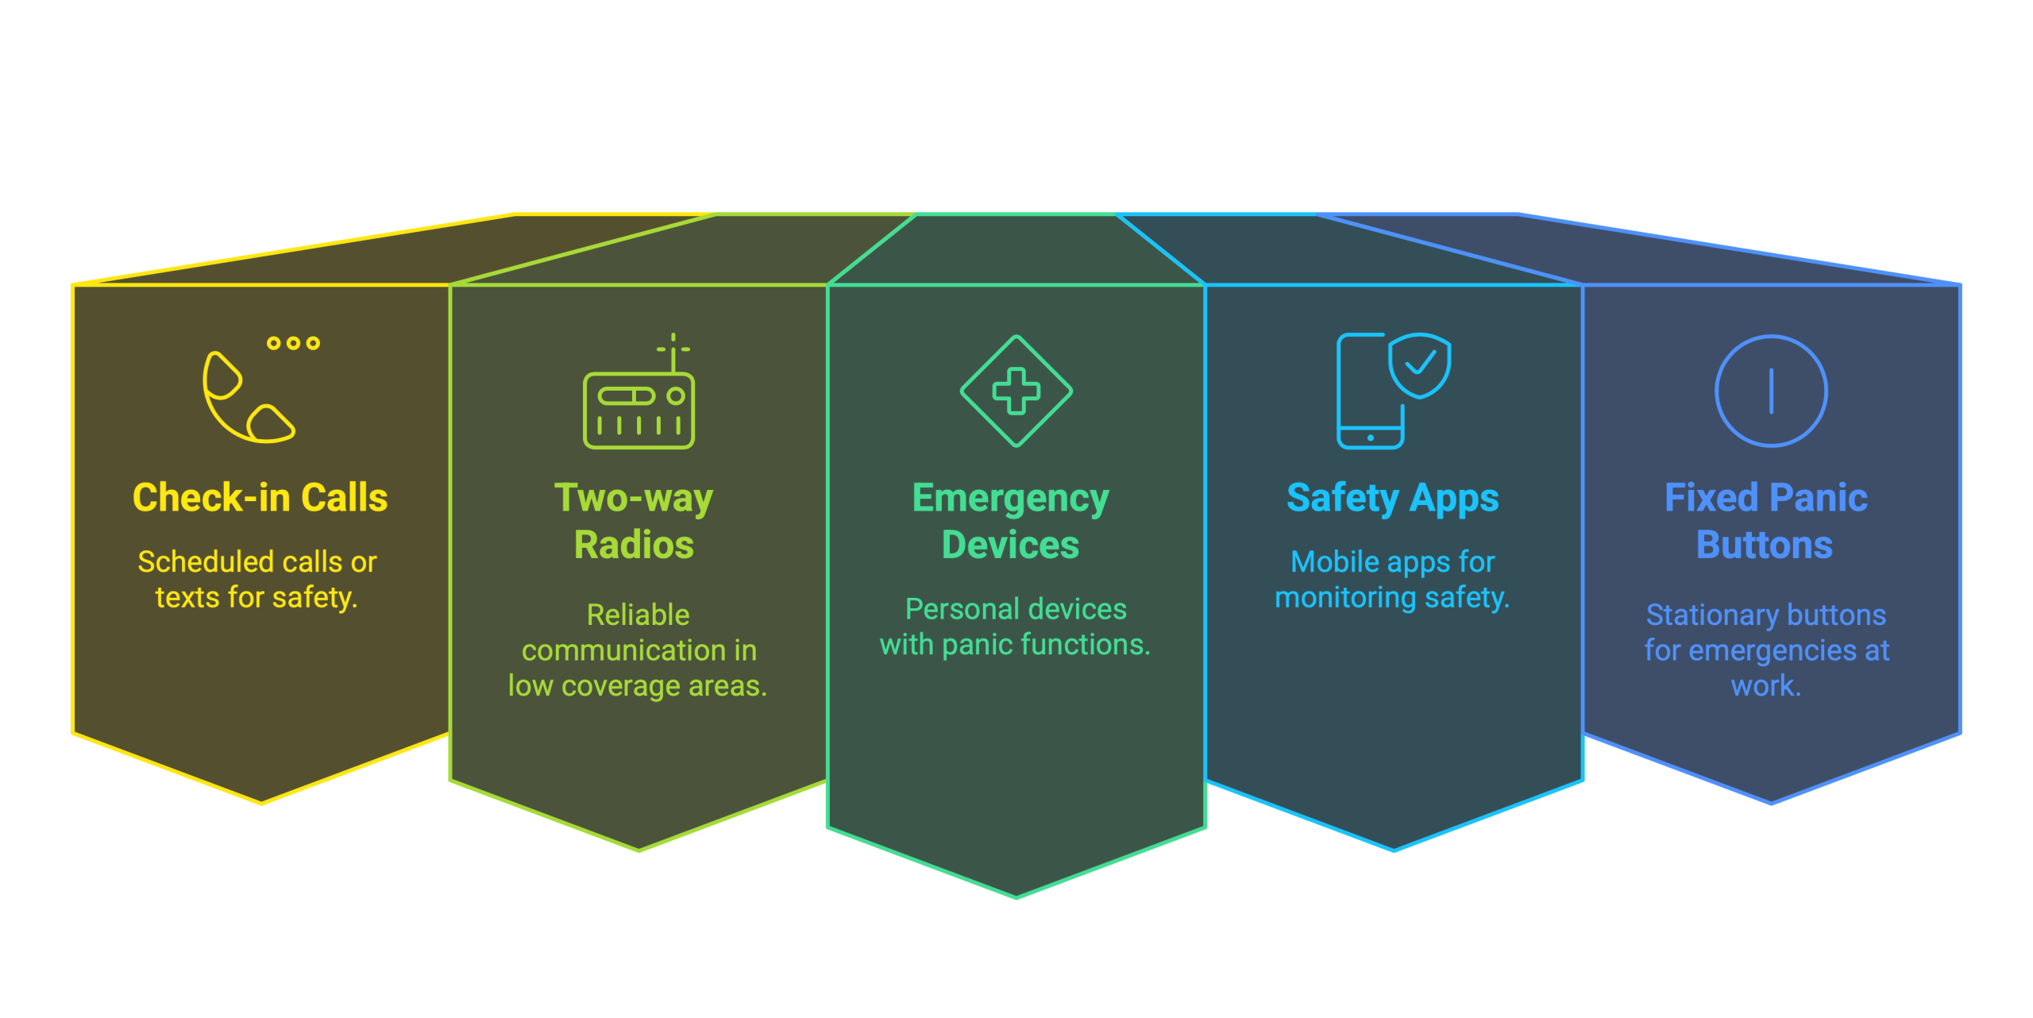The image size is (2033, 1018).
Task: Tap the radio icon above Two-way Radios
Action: [638, 409]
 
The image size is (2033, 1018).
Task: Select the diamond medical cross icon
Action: [1016, 391]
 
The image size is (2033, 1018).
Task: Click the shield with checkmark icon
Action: [1420, 364]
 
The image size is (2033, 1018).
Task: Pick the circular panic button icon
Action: [1771, 391]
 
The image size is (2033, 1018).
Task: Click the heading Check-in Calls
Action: [260, 498]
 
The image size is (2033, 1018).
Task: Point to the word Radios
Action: [634, 545]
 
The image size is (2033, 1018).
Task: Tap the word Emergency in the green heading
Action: [1010, 499]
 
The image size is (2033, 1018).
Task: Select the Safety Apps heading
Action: [1392, 499]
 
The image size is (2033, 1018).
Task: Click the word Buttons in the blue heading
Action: [1764, 545]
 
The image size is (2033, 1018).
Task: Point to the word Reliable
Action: [638, 615]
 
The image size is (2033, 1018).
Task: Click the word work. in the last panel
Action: [1765, 685]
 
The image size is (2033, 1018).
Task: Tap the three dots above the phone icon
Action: [293, 343]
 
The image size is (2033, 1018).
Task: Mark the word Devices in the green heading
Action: [1010, 545]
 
